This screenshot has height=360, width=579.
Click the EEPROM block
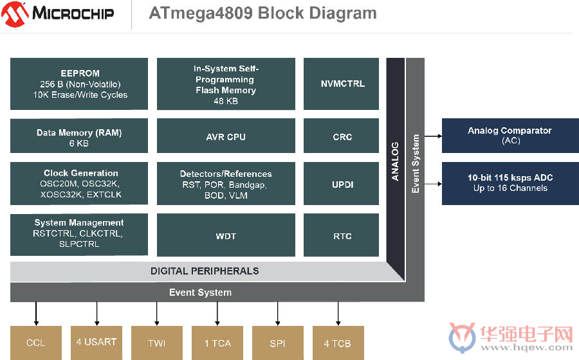(79, 84)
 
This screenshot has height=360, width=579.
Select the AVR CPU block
(226, 136)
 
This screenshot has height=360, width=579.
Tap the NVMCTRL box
(341, 84)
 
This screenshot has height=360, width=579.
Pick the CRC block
(341, 136)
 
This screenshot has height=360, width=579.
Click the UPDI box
(341, 184)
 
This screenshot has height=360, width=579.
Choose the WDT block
(226, 235)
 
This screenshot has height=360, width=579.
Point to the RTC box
(341, 235)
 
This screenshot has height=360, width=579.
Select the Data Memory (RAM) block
(79, 136)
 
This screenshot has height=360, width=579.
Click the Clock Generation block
(79, 184)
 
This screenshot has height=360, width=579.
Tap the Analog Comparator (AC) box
(510, 136)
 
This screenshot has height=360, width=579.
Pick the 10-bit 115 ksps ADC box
(510, 184)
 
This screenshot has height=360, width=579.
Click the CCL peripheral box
(36, 343)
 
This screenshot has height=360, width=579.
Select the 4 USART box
(96, 343)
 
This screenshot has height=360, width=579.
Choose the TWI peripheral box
(157, 343)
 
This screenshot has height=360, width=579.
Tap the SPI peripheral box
(278, 343)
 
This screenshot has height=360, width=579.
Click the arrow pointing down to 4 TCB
(338, 314)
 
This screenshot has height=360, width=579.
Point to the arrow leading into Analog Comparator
(433, 136)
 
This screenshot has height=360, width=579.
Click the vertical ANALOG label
(395, 161)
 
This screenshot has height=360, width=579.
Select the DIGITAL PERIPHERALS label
(205, 271)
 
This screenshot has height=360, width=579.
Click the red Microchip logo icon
(15, 14)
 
